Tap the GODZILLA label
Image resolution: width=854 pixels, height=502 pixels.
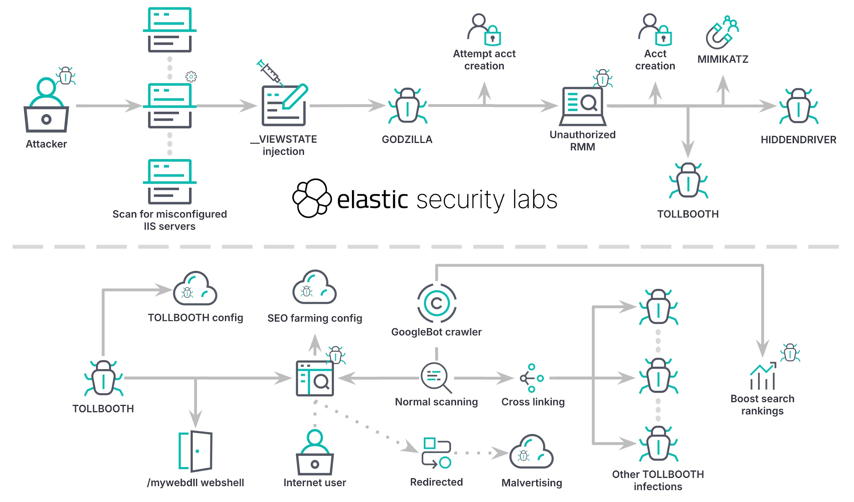[407, 140]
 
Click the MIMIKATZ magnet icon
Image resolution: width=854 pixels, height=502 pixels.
[722, 33]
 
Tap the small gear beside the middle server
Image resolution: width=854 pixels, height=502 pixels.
[191, 77]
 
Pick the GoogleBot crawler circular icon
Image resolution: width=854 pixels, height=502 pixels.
[436, 303]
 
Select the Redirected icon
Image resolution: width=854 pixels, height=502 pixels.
[436, 453]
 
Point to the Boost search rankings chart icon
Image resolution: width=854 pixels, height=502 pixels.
[762, 376]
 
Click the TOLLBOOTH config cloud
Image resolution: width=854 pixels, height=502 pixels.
[195, 289]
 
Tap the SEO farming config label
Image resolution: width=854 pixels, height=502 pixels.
[314, 318]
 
